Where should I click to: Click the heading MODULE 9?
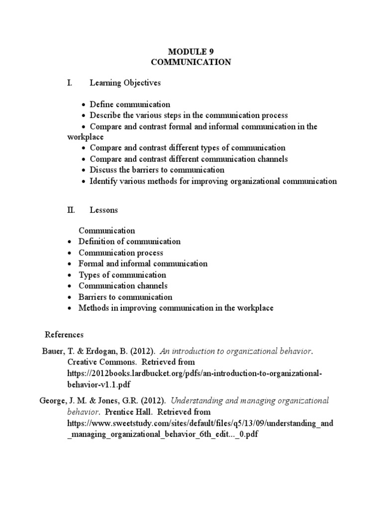click(x=191, y=51)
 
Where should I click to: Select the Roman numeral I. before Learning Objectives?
click(x=70, y=83)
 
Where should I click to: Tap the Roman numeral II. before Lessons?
click(x=71, y=210)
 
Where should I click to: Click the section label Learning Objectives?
click(x=125, y=83)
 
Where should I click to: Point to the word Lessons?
click(x=103, y=210)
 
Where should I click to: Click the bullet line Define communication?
click(x=129, y=105)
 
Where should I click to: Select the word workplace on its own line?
click(x=86, y=136)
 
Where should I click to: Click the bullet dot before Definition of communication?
click(x=70, y=242)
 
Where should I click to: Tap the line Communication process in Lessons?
click(x=120, y=253)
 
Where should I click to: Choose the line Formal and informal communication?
click(x=143, y=263)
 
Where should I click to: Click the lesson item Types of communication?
click(x=122, y=275)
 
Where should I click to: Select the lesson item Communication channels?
click(x=123, y=286)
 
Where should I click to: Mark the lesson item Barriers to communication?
click(x=125, y=297)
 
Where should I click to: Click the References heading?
click(x=64, y=334)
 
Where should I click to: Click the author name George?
click(x=51, y=401)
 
